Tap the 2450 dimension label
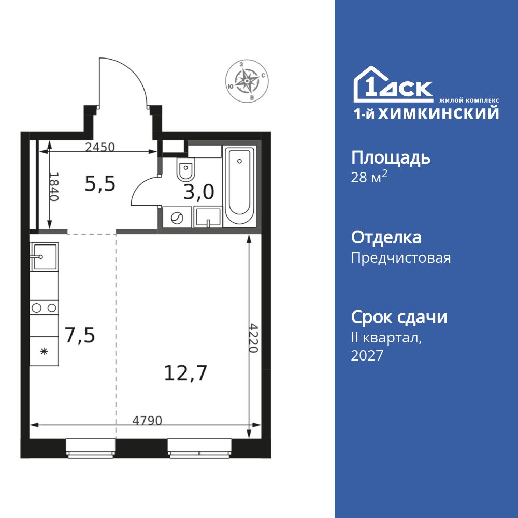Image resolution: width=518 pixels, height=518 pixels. tap(99, 147)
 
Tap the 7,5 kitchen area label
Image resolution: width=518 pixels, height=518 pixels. tap(80, 335)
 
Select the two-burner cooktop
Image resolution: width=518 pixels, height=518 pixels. tap(44, 308)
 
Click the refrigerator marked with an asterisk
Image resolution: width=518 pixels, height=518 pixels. tap(45, 351)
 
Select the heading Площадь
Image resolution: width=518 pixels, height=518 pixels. tap(391, 157)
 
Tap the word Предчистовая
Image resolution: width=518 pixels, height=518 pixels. tap(400, 258)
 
